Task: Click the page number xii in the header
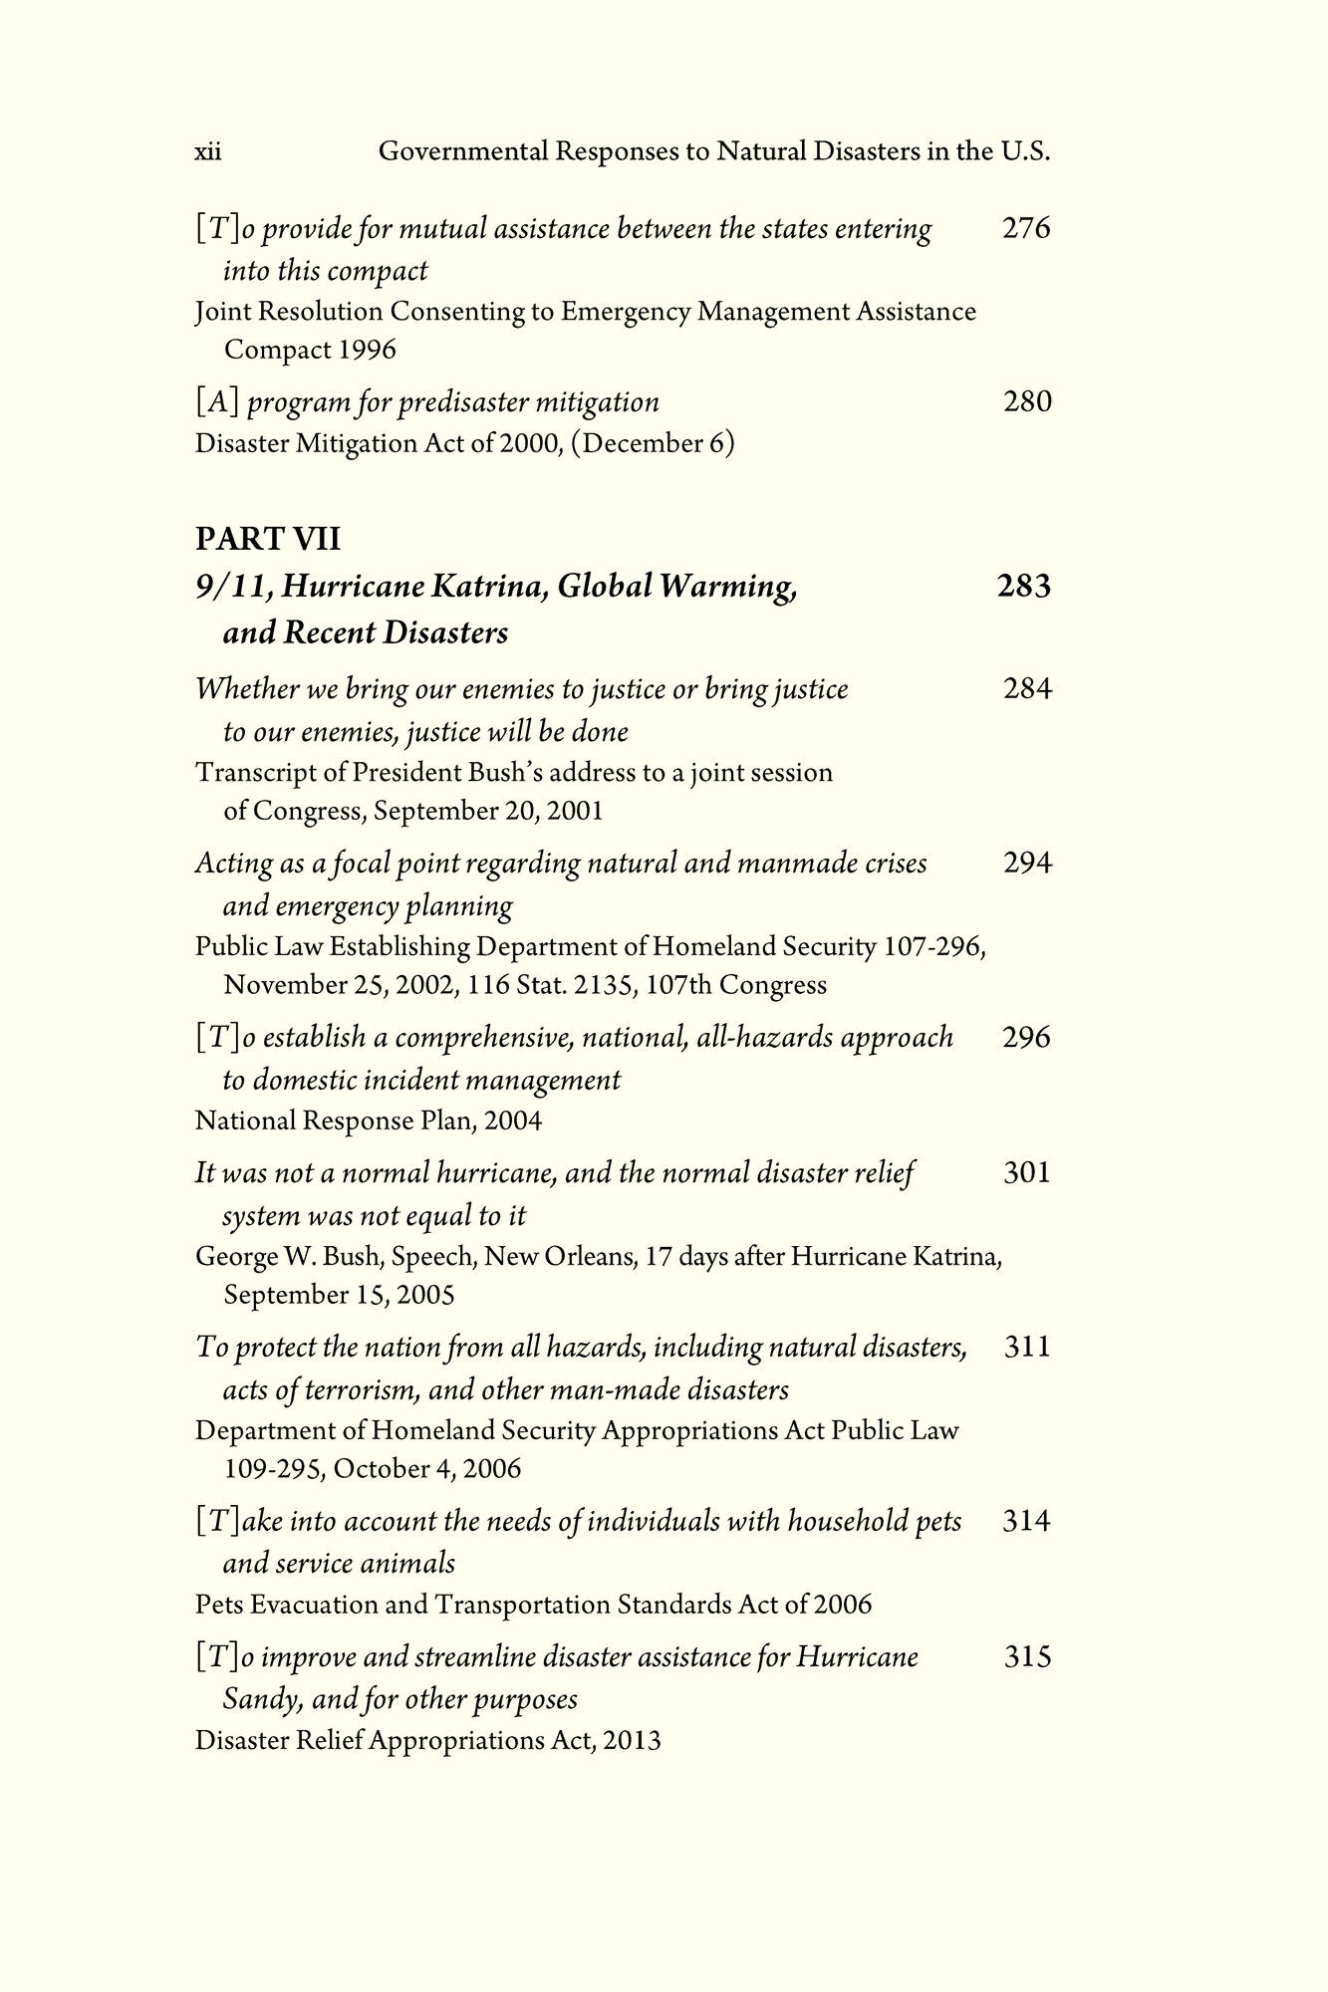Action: tap(207, 152)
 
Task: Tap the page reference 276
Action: tap(1026, 228)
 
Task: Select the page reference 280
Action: tap(1026, 401)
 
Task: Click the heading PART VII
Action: tap(267, 539)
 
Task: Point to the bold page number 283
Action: tap(1023, 586)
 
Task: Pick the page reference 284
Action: tap(1026, 688)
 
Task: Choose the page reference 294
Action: tap(1026, 863)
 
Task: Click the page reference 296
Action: tap(1026, 1037)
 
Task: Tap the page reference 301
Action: tap(1026, 1172)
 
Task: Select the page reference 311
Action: tap(1026, 1347)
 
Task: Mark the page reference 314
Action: tap(1026, 1521)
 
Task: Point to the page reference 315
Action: tap(1026, 1657)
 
